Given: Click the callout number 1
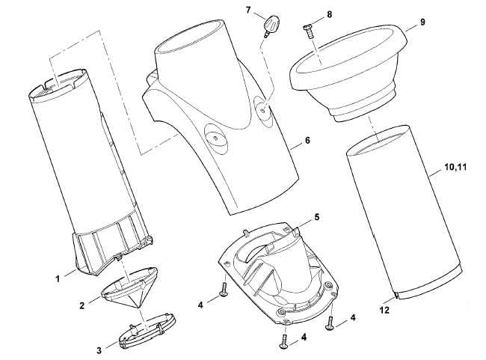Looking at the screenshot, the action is coord(58,279).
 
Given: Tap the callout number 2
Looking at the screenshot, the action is coord(81,305).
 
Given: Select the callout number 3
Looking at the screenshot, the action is coord(99,351).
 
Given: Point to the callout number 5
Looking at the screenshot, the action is coord(317,217).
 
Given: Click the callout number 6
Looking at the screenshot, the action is coord(307,140).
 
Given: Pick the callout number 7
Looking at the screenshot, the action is coord(248,10).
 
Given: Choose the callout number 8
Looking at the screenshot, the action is coord(329,14).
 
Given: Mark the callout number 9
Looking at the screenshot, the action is coord(422,22).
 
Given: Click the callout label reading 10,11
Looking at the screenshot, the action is coord(455,167).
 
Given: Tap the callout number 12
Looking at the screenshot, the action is coord(384,310).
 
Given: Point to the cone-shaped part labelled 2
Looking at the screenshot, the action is coord(130,287).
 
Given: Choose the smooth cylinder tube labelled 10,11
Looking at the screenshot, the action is coord(404,212).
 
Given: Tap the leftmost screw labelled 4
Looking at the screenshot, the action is coord(223,289).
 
